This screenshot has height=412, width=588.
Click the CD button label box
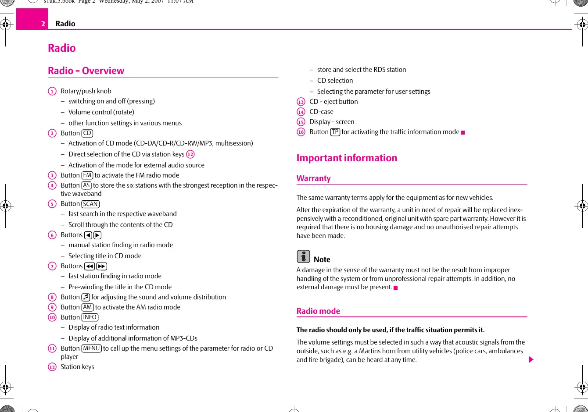point(87,133)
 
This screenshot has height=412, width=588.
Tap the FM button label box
point(87,175)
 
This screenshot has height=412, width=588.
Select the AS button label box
point(86,185)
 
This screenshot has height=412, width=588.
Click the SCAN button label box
point(90,204)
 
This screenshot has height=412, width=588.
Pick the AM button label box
point(87,307)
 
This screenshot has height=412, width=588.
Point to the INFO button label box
point(90,317)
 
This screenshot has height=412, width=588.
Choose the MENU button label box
point(91,348)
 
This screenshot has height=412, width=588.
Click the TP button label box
point(335,132)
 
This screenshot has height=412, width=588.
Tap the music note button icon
point(86,297)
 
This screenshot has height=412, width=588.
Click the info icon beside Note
point(303,256)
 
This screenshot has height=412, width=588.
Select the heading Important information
point(347,158)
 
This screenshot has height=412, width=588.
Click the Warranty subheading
point(313,178)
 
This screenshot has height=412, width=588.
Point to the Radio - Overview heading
point(86,71)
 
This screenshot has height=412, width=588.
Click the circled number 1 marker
point(52,91)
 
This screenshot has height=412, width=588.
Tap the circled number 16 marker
point(301,132)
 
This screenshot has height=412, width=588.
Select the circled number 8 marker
point(52,297)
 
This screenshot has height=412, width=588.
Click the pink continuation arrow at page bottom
point(531,360)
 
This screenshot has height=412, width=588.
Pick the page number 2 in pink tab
point(43,24)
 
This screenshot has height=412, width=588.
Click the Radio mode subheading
point(318,311)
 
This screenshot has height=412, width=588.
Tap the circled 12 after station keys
point(190,154)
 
